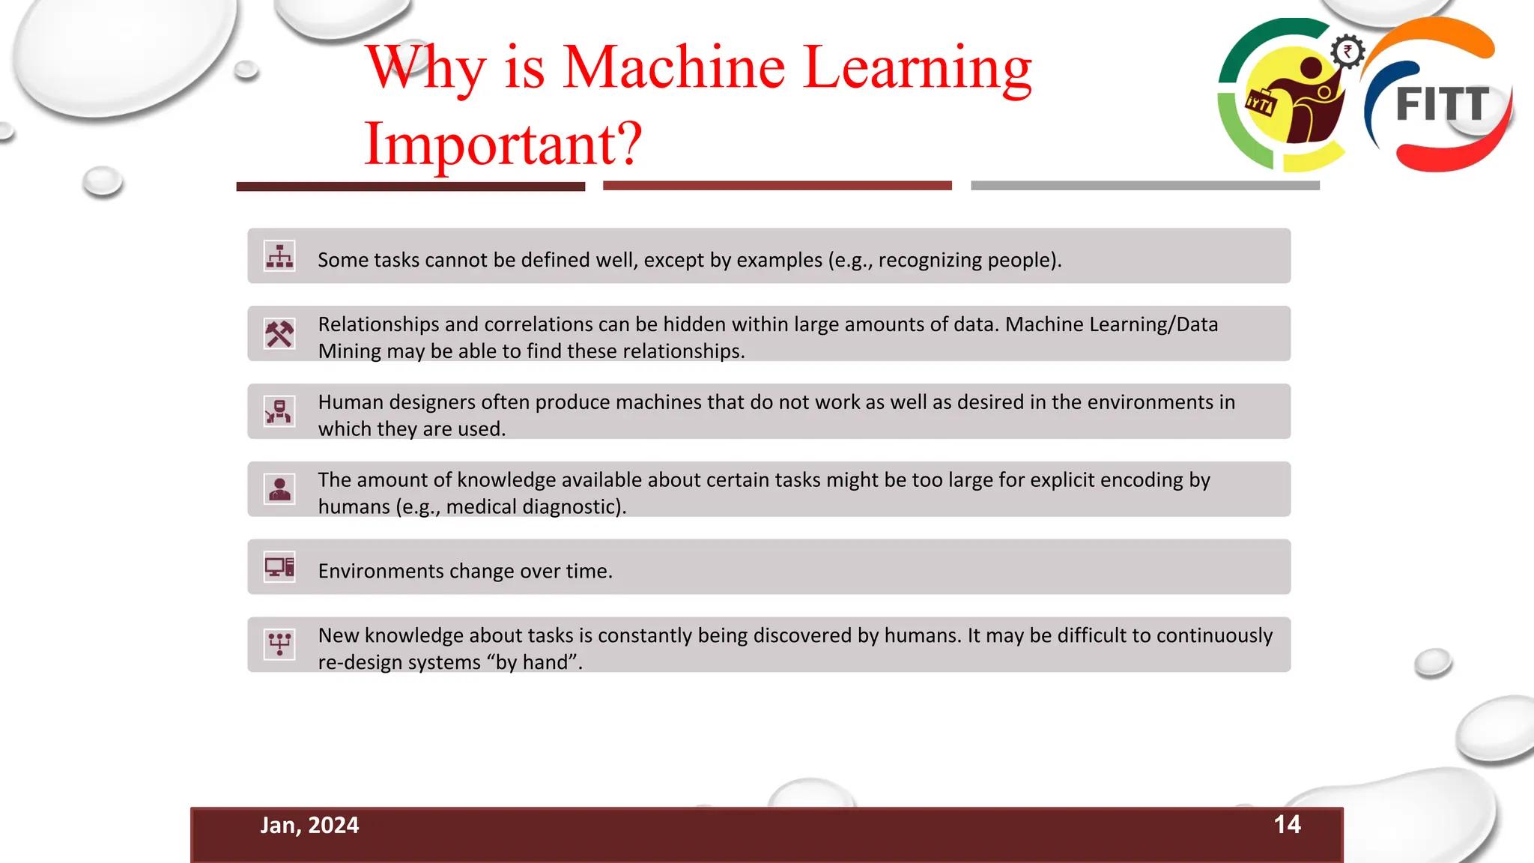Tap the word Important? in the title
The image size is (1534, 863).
pos(503,143)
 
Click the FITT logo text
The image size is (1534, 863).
pos(1442,104)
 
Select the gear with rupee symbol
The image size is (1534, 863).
pos(1347,52)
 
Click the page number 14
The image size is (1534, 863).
pos(1287,825)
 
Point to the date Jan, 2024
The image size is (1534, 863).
pos(309,826)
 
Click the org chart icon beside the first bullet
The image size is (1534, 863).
pos(279,256)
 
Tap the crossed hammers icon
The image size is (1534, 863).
pos(279,334)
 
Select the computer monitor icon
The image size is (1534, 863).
pos(279,567)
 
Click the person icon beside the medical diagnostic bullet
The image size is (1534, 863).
pos(279,489)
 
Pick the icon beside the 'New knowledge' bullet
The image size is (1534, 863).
pos(279,644)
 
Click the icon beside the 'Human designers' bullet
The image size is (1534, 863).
pos(279,411)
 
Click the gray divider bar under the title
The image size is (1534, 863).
pos(1145,185)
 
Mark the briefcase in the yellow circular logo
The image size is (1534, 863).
pos(1261,103)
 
